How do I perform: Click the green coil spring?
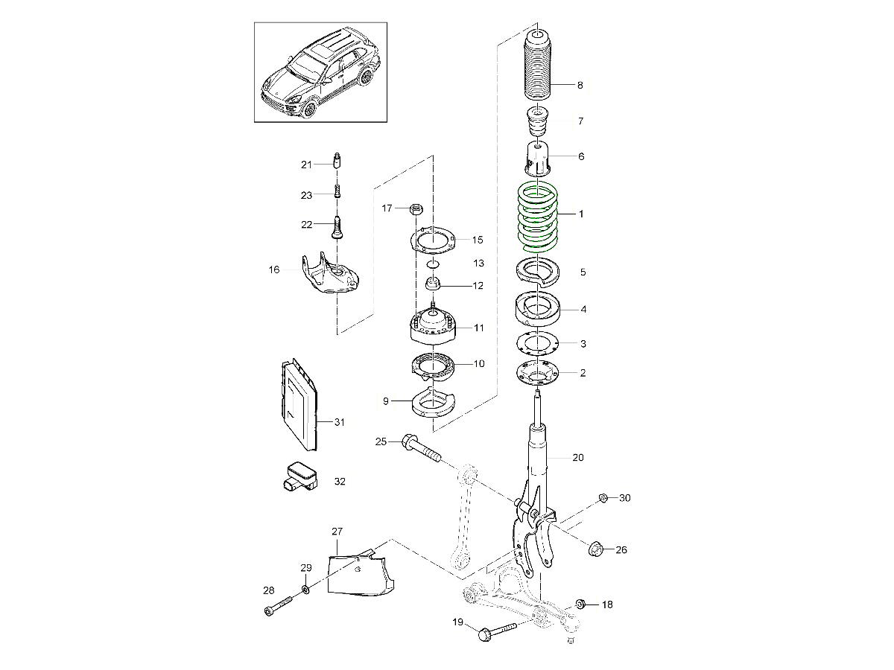pyautogui.click(x=538, y=216)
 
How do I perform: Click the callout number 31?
pyautogui.click(x=339, y=422)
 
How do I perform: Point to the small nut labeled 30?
pyautogui.click(x=603, y=497)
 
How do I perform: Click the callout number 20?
pyautogui.click(x=578, y=458)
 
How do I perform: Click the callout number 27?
pyautogui.click(x=337, y=532)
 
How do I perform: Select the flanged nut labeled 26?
pyautogui.click(x=597, y=549)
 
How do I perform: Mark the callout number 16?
pyautogui.click(x=274, y=269)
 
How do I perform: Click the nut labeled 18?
pyautogui.click(x=583, y=604)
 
